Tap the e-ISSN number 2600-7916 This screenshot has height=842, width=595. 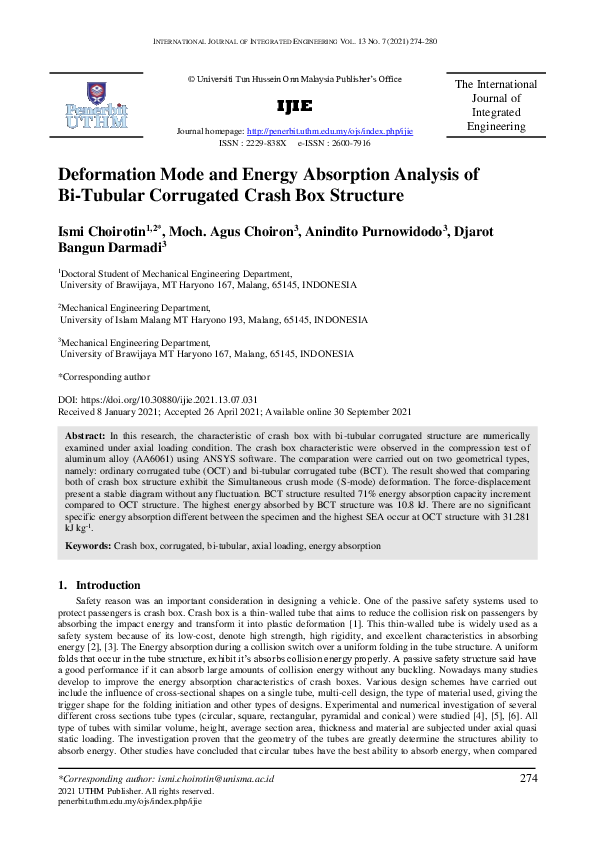(349, 143)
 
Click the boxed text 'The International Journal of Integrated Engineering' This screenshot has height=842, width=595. (495, 106)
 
